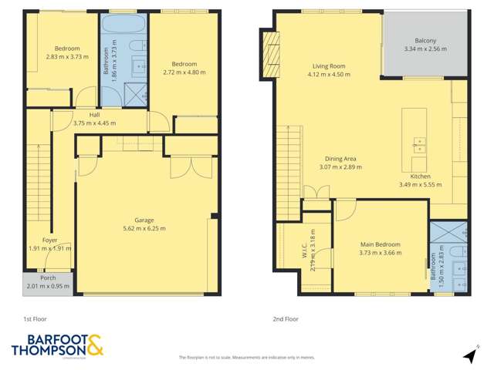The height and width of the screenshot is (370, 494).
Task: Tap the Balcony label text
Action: (425, 40)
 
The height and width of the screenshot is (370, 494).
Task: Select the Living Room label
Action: (328, 66)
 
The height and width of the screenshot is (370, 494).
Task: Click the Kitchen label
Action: (420, 176)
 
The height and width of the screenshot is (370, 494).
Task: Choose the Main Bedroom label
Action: (380, 245)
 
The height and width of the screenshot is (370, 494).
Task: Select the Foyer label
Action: (49, 240)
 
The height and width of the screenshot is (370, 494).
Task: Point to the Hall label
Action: (94, 114)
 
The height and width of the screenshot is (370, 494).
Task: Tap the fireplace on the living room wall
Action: (271, 55)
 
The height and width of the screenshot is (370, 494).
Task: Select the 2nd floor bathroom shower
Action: (448, 231)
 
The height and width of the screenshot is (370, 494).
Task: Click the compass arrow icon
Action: (468, 355)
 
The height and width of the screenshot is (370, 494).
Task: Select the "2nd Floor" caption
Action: (286, 318)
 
